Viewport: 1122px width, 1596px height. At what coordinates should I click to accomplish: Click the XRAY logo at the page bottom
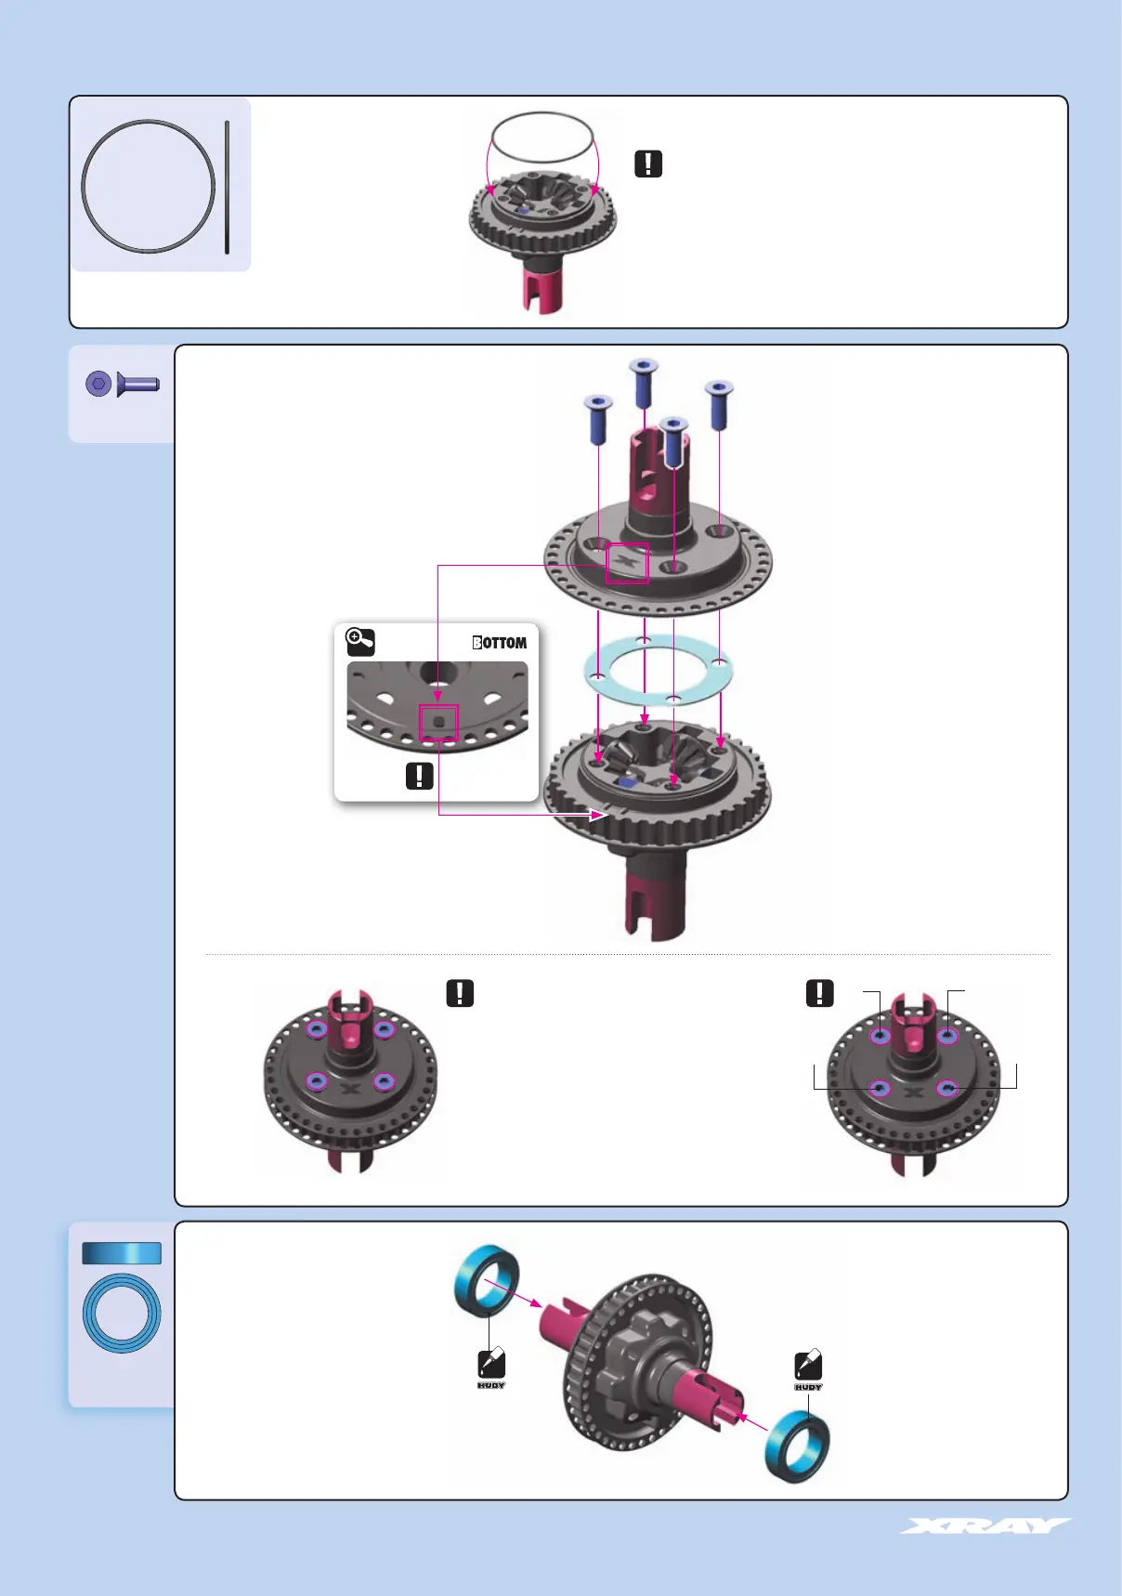985,1526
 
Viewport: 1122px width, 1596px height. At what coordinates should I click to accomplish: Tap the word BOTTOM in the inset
500,643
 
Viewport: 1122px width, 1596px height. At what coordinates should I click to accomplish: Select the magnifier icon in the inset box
359,641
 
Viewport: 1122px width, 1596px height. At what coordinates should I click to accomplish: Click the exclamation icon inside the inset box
420,776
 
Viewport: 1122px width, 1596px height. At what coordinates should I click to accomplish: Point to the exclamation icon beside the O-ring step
648,164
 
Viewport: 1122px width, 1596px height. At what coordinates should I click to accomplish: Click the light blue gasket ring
658,671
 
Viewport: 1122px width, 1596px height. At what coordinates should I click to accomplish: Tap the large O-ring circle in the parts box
149,186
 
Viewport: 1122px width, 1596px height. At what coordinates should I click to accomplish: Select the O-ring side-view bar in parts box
227,186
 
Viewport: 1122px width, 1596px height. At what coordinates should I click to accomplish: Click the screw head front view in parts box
98,384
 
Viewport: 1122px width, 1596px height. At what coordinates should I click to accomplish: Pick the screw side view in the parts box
138,384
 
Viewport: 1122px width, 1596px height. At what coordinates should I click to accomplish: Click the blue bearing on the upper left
486,1278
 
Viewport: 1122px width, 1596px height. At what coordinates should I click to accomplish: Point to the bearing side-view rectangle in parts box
122,1253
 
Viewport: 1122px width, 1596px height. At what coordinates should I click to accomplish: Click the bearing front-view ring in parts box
122,1313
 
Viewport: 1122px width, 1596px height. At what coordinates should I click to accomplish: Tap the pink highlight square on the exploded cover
627,563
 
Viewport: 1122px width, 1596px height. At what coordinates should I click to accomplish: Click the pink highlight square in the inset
438,723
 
